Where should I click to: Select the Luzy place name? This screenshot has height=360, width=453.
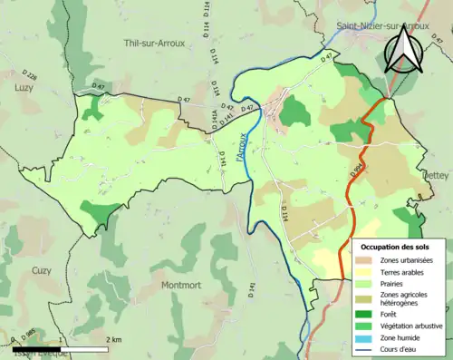pyautogui.click(x=23, y=88)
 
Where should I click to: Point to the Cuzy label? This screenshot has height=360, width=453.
pyautogui.click(x=42, y=270)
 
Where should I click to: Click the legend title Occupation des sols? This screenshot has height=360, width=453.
pyautogui.click(x=396, y=247)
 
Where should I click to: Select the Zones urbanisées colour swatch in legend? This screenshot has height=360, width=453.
pyautogui.click(x=364, y=260)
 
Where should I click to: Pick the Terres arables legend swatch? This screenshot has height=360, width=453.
pyautogui.click(x=364, y=271)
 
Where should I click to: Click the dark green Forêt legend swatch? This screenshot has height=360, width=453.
pyautogui.click(x=364, y=312)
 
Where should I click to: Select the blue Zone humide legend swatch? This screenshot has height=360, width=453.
pyautogui.click(x=364, y=336)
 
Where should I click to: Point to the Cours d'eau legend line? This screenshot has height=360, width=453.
pyautogui.click(x=364, y=347)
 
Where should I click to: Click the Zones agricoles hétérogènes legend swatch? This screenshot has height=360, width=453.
pyautogui.click(x=364, y=297)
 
